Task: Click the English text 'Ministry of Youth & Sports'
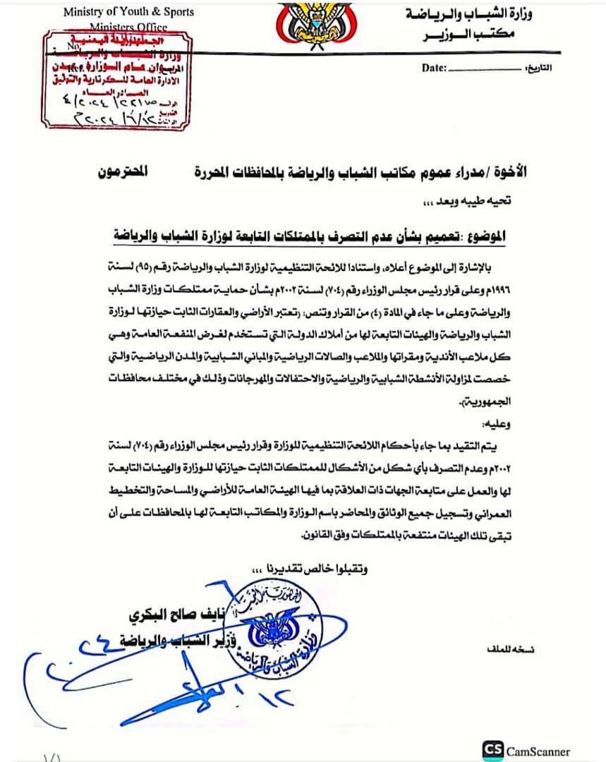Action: [128, 12]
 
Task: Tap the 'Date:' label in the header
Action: [434, 68]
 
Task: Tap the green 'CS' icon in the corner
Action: [493, 751]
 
